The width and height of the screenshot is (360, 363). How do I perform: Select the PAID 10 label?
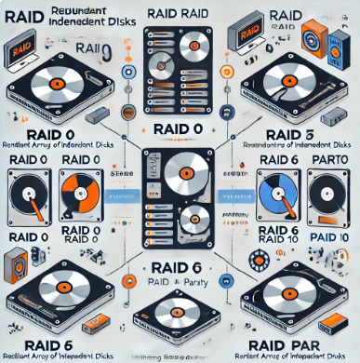(x=326, y=240)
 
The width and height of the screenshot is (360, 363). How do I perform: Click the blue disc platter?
(x=274, y=190)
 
